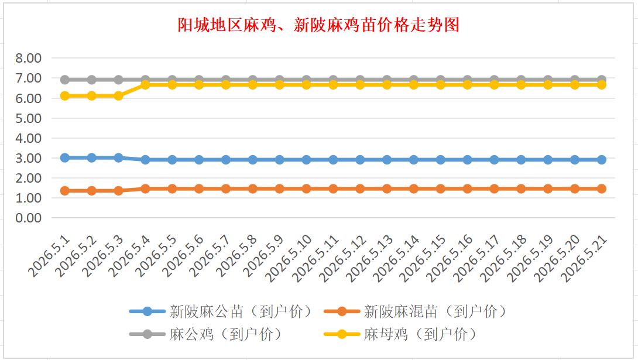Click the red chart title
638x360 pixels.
[x=318, y=25]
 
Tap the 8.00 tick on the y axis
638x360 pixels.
[x=29, y=58]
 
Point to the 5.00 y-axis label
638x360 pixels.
[x=29, y=118]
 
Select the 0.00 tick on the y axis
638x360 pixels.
[x=29, y=218]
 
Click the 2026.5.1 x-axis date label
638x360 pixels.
[x=49, y=256]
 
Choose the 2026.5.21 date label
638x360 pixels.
[x=584, y=258]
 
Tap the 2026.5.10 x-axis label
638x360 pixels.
[x=289, y=258]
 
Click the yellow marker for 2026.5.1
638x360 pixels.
[x=65, y=96]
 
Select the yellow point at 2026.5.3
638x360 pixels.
[x=118, y=96]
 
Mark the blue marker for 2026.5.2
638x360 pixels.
[x=91, y=158]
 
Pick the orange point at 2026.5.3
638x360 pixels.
[x=118, y=190]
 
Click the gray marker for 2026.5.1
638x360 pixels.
[x=65, y=80]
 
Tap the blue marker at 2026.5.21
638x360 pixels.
[x=602, y=160]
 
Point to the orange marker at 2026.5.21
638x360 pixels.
[x=602, y=188]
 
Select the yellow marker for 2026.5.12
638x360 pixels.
[x=360, y=85]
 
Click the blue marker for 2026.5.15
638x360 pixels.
[x=441, y=160]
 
